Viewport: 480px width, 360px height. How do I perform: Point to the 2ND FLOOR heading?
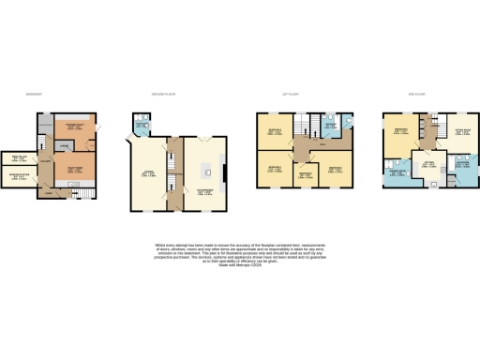[418, 95]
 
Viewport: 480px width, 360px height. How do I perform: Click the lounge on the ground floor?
[147, 173]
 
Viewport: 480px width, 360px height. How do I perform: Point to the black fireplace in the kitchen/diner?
[224, 173]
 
